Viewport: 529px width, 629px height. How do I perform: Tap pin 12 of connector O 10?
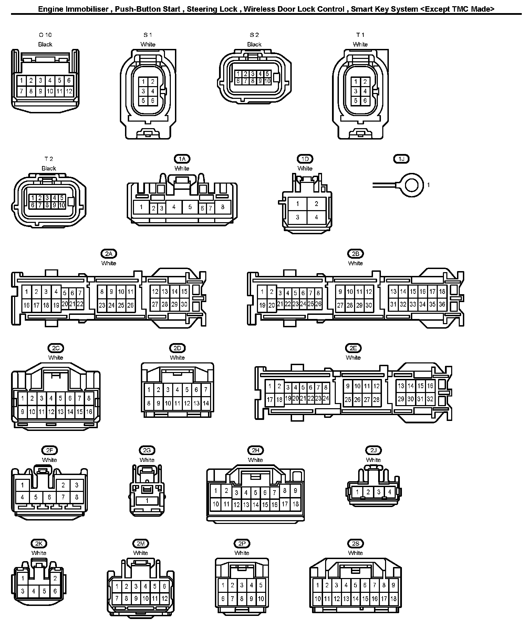(x=69, y=91)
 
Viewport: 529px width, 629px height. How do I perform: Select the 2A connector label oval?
(x=109, y=254)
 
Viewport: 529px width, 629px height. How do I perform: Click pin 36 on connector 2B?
(x=442, y=304)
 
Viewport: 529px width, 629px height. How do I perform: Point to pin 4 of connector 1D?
(x=316, y=217)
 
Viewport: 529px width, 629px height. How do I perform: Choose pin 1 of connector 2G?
(x=147, y=501)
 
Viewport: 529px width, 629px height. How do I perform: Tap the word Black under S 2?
(x=254, y=44)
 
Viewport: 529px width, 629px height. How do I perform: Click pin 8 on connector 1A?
(x=223, y=207)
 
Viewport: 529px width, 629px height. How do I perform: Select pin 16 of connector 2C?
(x=89, y=412)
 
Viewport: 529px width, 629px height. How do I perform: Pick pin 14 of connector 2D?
(x=206, y=403)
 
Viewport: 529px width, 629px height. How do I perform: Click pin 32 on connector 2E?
(x=430, y=399)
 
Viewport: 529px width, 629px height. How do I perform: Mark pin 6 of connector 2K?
(x=55, y=591)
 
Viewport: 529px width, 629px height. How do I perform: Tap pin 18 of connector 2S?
(x=393, y=599)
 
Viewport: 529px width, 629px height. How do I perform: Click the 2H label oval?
(x=255, y=450)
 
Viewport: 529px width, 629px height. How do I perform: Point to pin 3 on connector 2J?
(x=379, y=492)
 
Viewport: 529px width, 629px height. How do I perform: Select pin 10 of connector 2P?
(x=261, y=599)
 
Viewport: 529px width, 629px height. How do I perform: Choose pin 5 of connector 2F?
(x=36, y=497)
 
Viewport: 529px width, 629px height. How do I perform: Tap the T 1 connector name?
(x=360, y=35)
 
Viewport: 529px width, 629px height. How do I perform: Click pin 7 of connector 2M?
(x=117, y=599)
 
